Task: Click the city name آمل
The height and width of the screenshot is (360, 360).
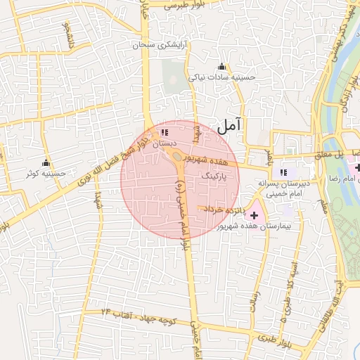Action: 229,127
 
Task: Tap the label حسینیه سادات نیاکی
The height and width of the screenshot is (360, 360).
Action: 226,78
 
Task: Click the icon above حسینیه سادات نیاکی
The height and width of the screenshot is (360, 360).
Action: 222,67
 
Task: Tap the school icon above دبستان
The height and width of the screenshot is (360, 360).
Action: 165,132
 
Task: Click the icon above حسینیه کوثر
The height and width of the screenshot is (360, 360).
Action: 46,162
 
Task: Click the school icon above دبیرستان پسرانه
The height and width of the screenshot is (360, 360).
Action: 283,172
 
